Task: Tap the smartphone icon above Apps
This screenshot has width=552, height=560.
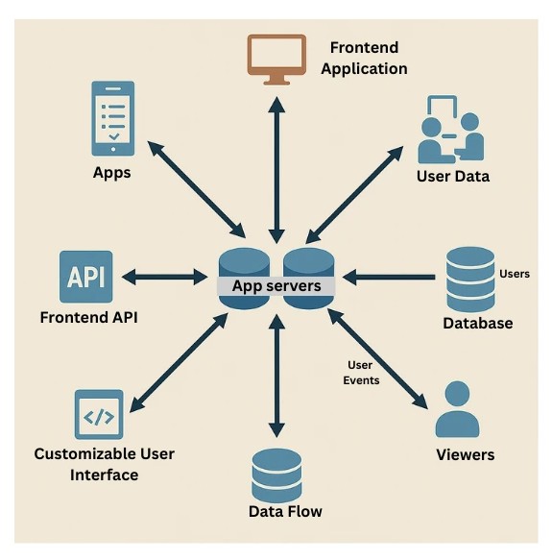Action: [112, 118]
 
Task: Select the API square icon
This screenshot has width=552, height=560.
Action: [86, 276]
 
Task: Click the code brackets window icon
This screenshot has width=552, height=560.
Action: [99, 415]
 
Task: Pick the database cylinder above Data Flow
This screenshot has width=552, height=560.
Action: [276, 473]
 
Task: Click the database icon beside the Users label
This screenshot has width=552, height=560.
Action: [469, 278]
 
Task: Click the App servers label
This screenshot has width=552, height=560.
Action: [276, 285]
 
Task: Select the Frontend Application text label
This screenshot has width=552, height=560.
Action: [364, 58]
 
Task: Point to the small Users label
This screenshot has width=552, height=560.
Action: [515, 274]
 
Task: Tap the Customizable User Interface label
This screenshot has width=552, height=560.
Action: [105, 463]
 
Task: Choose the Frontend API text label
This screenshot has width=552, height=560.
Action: [88, 317]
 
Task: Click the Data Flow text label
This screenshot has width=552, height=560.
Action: [285, 511]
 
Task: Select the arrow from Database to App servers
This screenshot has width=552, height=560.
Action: [389, 279]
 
